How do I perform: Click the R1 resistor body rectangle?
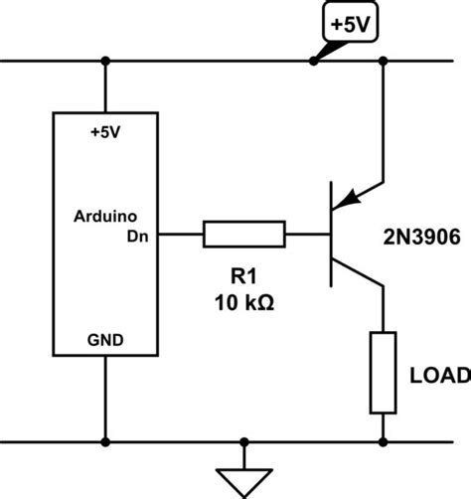click(x=243, y=236)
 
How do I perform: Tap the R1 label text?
click(x=243, y=275)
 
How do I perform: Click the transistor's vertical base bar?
click(x=331, y=236)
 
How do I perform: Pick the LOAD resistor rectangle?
click(x=383, y=373)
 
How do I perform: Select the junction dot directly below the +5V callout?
click(x=314, y=62)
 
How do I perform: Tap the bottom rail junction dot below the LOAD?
click(x=383, y=439)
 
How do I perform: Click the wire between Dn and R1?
click(x=185, y=236)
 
